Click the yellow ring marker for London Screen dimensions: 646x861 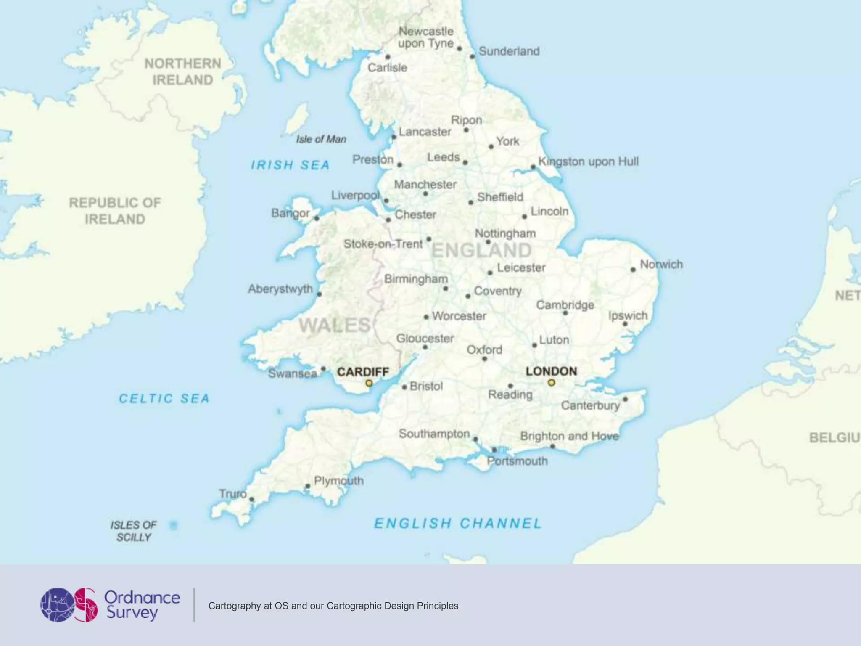point(551,382)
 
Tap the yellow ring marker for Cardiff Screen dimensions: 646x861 point(369,383)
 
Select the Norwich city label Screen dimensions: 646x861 point(661,264)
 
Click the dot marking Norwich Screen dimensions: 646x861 point(633,270)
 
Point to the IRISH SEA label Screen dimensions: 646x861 point(290,165)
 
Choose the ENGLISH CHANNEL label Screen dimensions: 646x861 point(458,523)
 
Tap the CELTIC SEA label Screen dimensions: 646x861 point(164,398)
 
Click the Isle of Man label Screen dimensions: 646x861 point(321,139)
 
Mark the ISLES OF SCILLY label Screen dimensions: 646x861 point(133,531)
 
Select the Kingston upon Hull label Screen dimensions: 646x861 point(588,161)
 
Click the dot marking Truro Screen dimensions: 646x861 point(251,500)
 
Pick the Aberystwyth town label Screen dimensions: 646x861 point(280,289)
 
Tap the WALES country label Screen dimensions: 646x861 point(335,325)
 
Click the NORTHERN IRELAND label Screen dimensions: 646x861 point(182,71)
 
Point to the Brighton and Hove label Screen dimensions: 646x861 point(569,436)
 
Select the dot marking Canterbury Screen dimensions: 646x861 point(625,399)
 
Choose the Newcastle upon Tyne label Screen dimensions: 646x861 point(426,37)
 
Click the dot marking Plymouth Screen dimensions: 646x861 point(308,486)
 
